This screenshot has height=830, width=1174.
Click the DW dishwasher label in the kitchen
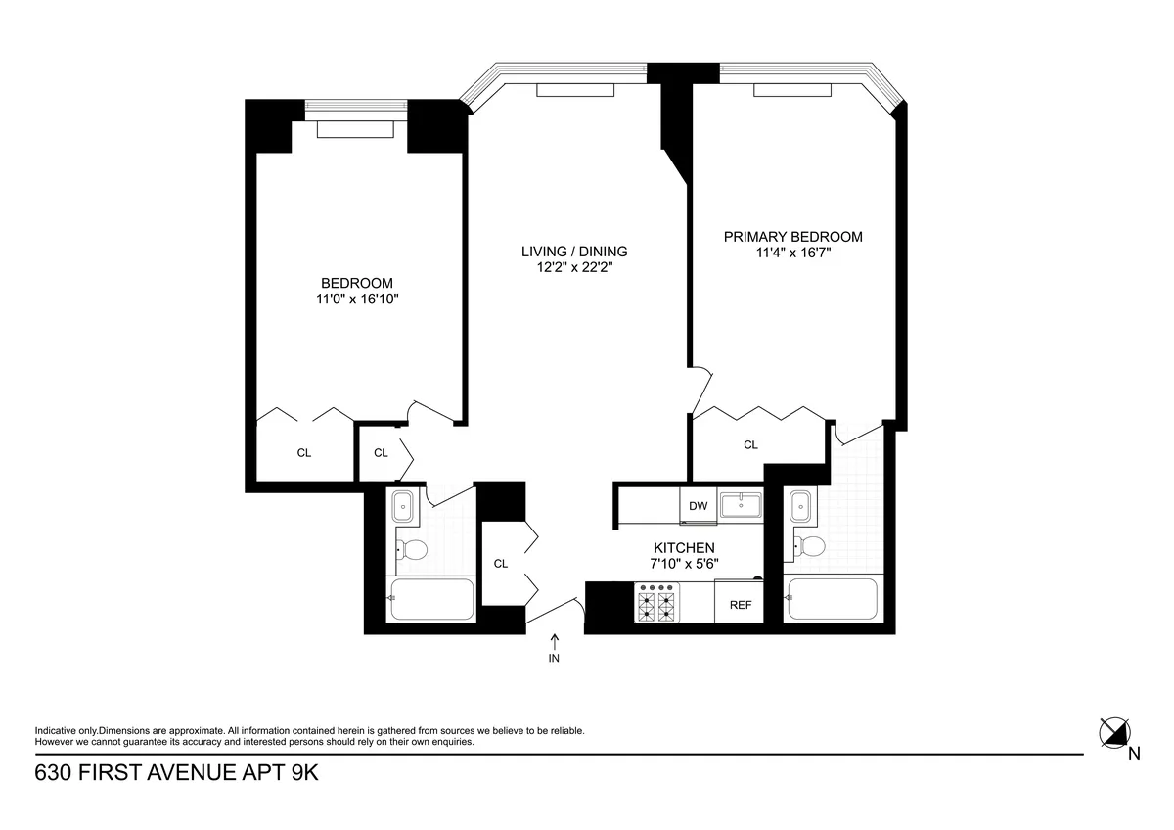pyautogui.click(x=698, y=506)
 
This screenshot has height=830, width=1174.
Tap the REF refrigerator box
pyautogui.click(x=741, y=605)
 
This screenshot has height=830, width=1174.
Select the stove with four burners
pyautogui.click(x=656, y=603)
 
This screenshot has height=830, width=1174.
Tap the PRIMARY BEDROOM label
pyautogui.click(x=792, y=237)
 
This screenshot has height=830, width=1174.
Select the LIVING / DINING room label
pyautogui.click(x=573, y=251)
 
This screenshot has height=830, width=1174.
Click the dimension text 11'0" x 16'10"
pyautogui.click(x=350, y=300)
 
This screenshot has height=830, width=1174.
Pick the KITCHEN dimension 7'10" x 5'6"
pyautogui.click(x=684, y=564)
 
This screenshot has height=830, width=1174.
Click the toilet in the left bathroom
pyautogui.click(x=410, y=550)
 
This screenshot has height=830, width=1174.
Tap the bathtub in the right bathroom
pyautogui.click(x=833, y=599)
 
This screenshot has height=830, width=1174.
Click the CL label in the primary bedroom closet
pyautogui.click(x=750, y=444)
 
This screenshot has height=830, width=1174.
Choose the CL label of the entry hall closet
pyautogui.click(x=501, y=563)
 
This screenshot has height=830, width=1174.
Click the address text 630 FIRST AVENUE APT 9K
pyautogui.click(x=177, y=772)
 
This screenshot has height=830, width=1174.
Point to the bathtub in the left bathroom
pyautogui.click(x=432, y=599)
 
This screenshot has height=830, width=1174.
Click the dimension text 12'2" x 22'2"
pyautogui.click(x=573, y=266)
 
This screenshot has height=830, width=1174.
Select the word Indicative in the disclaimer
pyautogui.click(x=56, y=731)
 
